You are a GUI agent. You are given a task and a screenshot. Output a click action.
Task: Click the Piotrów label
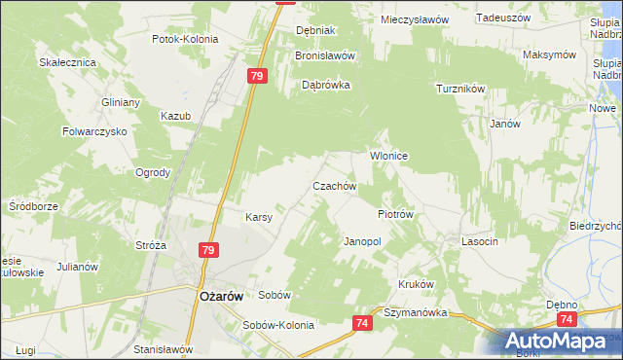(396, 214)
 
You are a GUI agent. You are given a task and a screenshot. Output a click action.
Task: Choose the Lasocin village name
(480, 240)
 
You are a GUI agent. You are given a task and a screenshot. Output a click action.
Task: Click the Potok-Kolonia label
(185, 40)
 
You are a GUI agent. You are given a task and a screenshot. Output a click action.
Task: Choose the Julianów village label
(79, 266)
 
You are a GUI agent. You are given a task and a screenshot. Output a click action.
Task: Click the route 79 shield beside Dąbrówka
(257, 76)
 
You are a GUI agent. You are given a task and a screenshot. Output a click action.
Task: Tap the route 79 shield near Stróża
(208, 250)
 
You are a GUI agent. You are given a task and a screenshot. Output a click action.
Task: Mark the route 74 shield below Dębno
(568, 318)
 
